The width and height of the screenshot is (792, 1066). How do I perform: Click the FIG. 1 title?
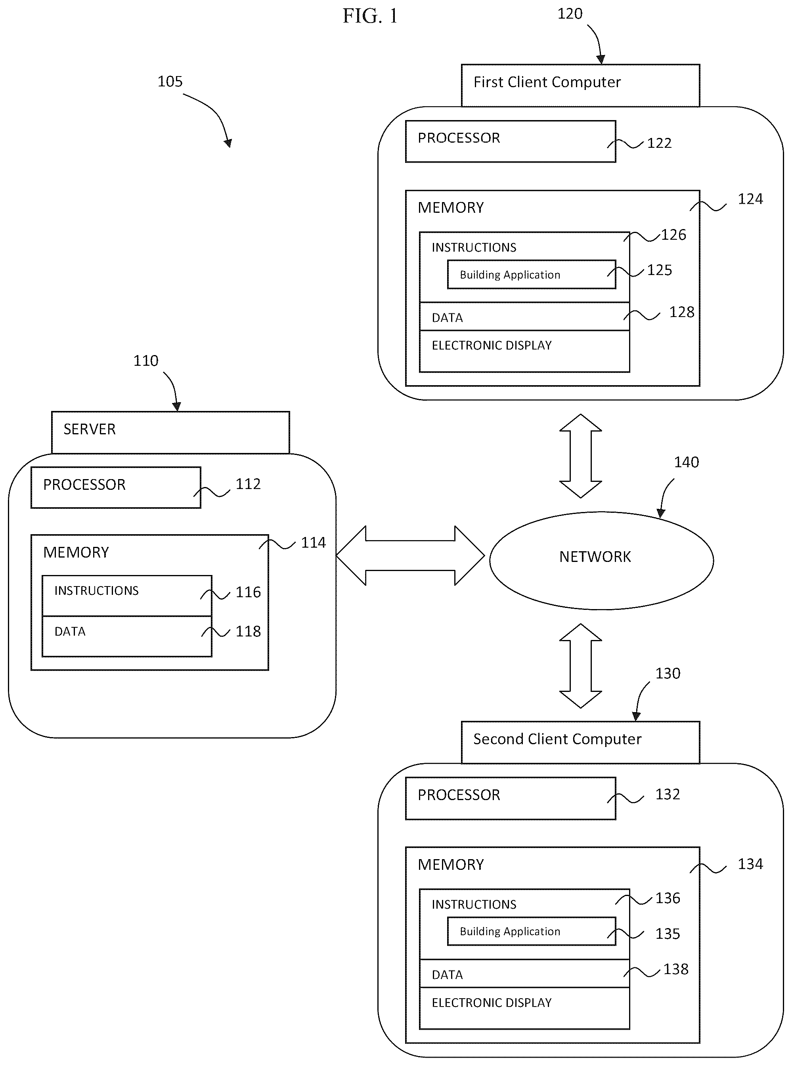point(370,16)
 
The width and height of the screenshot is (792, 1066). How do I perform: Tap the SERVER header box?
point(171,432)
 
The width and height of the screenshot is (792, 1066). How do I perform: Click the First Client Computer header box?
point(581,85)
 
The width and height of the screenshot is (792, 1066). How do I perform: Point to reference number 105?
point(170,82)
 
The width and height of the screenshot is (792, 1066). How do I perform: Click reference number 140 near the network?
point(687,462)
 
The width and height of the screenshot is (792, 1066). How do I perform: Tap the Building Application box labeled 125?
point(532,274)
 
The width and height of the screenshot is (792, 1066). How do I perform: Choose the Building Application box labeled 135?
point(532,931)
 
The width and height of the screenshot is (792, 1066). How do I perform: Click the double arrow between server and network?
point(410,556)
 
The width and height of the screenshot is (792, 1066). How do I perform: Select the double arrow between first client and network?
point(581,456)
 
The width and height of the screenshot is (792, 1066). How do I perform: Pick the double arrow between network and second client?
point(581,666)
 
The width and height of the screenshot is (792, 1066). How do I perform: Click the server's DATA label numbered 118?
point(70,631)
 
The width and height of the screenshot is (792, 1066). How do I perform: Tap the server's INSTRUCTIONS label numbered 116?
point(96,590)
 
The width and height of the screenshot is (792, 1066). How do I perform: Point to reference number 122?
point(659,143)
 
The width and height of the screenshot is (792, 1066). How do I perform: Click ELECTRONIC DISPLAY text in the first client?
point(492,345)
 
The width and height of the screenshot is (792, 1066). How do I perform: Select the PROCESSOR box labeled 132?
point(511,798)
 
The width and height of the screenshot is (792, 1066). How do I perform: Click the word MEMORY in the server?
point(76,552)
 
